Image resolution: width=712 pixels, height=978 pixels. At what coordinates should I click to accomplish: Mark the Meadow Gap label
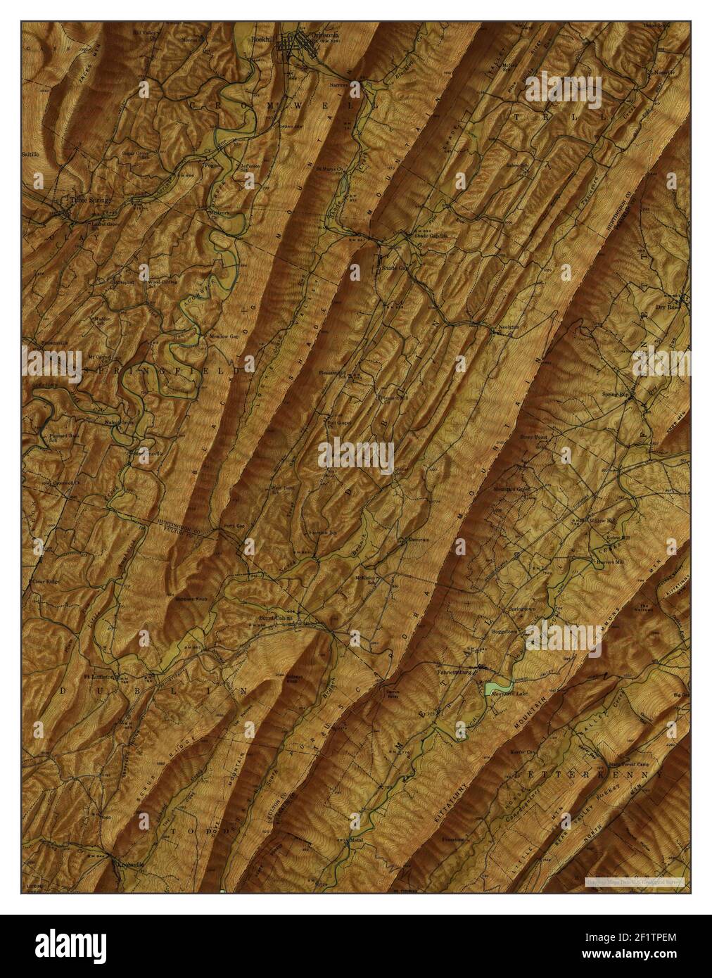point(224,335)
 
